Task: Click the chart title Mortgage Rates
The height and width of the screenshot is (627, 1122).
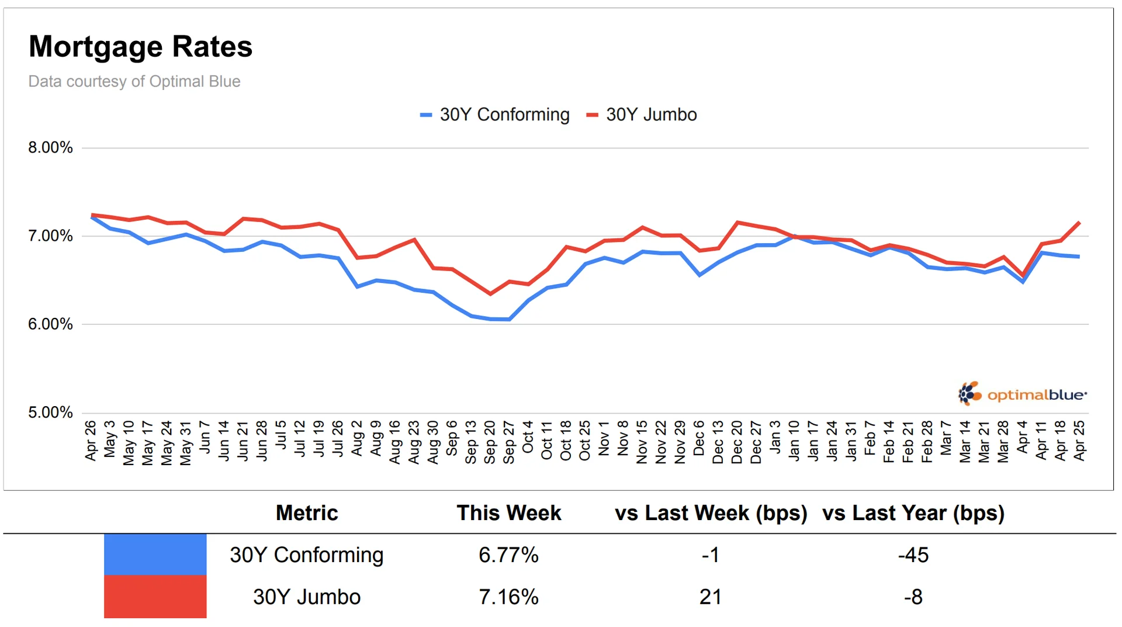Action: [140, 47]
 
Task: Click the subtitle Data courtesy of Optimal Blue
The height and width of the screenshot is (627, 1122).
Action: [134, 81]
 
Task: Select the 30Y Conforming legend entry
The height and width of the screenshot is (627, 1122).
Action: [494, 115]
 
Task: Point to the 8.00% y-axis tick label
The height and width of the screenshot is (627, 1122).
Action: [51, 147]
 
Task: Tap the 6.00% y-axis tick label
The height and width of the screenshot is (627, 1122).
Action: [51, 324]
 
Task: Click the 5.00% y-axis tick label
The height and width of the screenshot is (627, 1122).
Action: [51, 413]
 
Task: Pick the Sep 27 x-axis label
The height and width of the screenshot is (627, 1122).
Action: [509, 442]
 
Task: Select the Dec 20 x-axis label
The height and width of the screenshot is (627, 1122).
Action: [737, 442]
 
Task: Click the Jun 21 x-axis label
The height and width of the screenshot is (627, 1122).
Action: [243, 441]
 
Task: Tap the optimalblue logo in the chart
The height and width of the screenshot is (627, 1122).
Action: [1023, 394]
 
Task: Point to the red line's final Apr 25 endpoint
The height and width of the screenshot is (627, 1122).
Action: [1079, 223]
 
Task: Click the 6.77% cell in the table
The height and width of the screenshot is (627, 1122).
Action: [508, 555]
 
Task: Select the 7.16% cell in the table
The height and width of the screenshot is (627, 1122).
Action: [508, 597]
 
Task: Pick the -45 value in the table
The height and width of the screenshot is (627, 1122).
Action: [913, 555]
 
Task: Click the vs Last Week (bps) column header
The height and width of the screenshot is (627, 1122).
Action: [711, 513]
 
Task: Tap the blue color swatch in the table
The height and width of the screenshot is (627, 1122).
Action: [155, 555]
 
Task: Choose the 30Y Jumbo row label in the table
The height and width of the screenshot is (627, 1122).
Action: [307, 597]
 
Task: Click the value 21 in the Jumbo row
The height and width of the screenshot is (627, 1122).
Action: [710, 597]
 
